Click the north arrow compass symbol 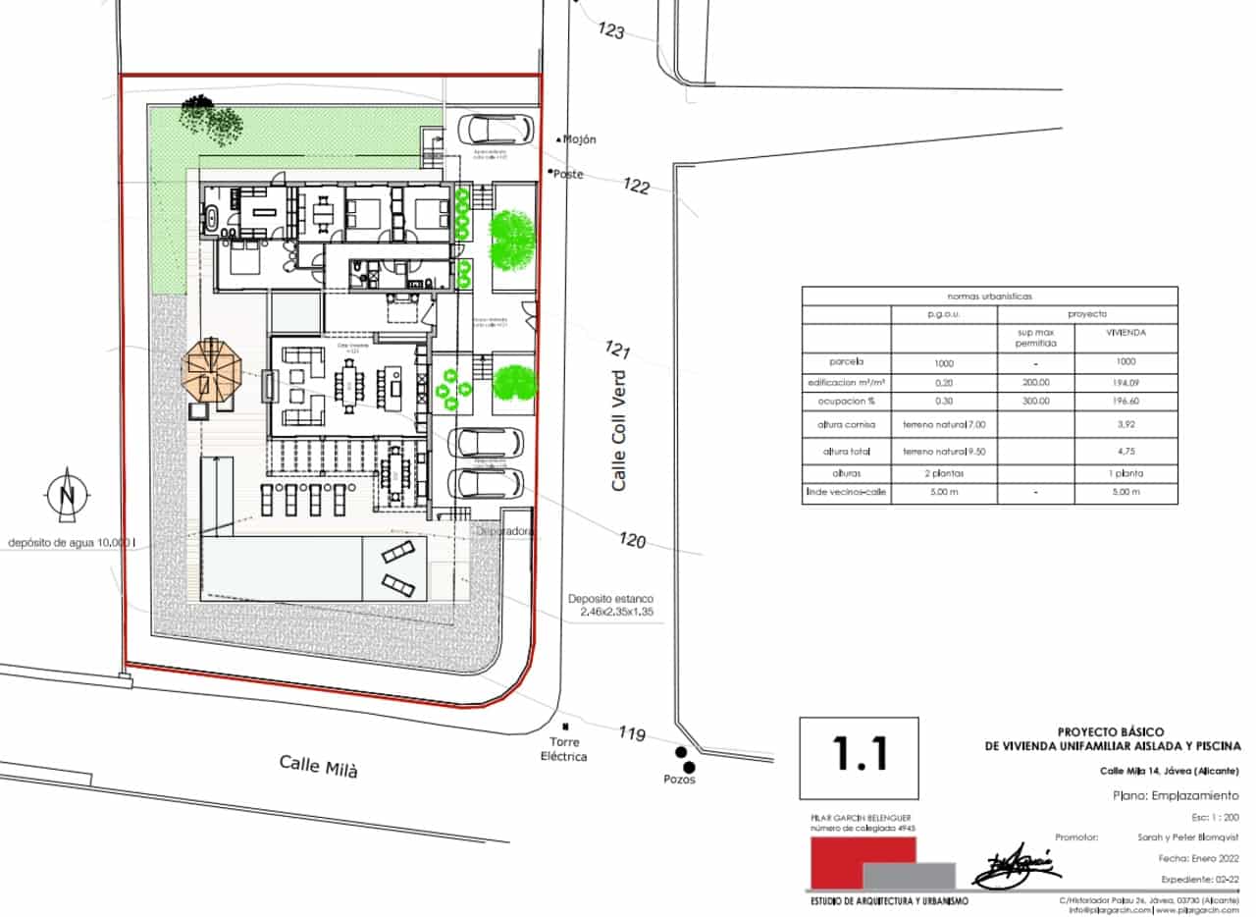[67, 494]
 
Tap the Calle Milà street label [318, 766]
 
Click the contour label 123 [610, 30]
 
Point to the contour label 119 [633, 732]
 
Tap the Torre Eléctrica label [568, 750]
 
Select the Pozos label [678, 779]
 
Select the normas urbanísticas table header [988, 295]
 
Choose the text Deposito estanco [609, 599]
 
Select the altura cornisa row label [846, 426]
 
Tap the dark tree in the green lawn [212, 120]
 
